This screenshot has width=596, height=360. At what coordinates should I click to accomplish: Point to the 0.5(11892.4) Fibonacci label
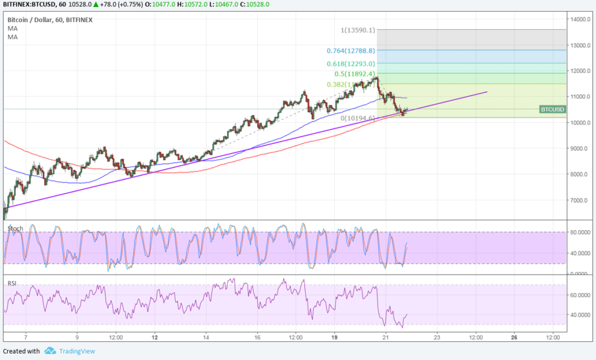pos(354,74)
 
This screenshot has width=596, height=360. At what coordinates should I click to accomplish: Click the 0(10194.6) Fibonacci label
pos(359,118)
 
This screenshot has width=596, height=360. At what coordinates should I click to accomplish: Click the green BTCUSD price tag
pos(552,109)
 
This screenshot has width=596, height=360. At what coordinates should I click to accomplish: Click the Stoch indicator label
pos(15,229)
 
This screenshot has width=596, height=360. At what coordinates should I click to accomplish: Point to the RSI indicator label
pos(12,283)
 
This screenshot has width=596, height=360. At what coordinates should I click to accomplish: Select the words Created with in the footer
pos(22,351)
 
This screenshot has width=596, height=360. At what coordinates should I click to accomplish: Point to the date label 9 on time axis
pos(77,337)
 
